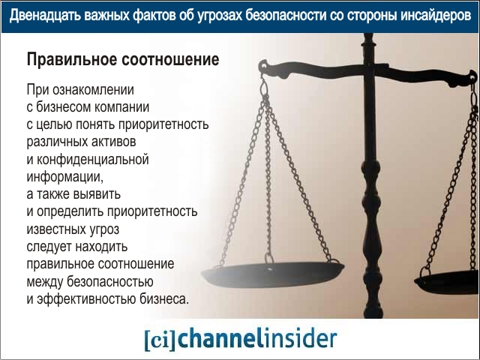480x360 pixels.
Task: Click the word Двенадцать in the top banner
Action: [45, 16]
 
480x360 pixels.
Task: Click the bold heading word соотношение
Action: [170, 59]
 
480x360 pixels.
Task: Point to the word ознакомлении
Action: [93, 90]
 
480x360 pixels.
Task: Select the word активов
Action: [113, 142]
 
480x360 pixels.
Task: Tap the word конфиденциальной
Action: [93, 160]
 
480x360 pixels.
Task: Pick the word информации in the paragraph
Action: [65, 177]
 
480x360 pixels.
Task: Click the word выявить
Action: [97, 194]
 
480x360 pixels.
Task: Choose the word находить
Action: [101, 247]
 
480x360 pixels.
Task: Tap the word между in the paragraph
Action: [45, 282]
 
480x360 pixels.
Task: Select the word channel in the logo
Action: [220, 338]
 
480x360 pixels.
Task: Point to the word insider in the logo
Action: [300, 338]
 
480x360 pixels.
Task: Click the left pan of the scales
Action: [273, 274]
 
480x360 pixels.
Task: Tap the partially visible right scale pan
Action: [447, 282]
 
